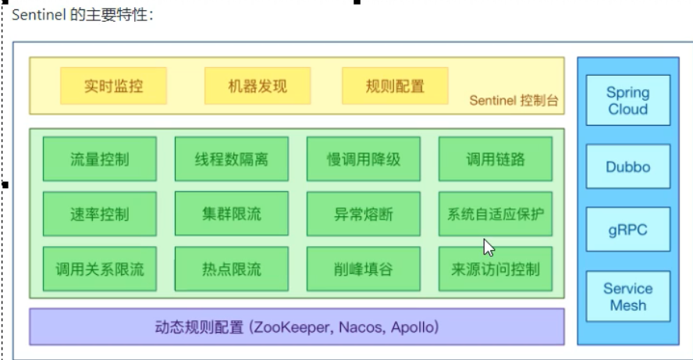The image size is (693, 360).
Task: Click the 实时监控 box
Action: tap(114, 86)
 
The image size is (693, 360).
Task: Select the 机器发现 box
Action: tap(258, 86)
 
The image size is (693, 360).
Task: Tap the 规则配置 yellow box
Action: tap(395, 86)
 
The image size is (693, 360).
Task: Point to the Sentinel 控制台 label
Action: tap(514, 101)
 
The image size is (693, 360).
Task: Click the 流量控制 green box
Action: tap(100, 159)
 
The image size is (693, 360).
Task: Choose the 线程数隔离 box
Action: tap(232, 159)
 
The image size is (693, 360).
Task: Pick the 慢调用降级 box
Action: tap(364, 159)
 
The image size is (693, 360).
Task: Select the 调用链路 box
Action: tap(496, 159)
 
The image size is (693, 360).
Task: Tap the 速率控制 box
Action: tap(100, 214)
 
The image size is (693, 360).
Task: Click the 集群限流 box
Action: tap(232, 214)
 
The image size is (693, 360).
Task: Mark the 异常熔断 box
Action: tap(364, 214)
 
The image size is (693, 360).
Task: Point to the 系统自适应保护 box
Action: tap(496, 214)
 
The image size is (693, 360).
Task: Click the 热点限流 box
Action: tap(232, 269)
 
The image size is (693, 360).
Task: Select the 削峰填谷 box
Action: tap(364, 269)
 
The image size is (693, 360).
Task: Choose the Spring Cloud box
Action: tap(628, 101)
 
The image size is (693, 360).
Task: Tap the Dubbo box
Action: tap(628, 166)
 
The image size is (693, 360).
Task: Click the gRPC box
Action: tap(628, 230)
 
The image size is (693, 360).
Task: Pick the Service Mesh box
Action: tap(628, 296)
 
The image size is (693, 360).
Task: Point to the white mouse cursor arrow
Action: tap(489, 248)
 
